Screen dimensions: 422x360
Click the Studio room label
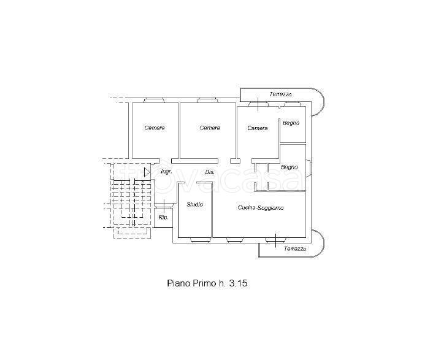coord(195,204)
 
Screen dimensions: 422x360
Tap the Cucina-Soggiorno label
coord(261,208)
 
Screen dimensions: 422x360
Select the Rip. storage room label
coord(163,217)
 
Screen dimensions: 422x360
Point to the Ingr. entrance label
coord(166,172)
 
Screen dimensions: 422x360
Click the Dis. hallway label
coord(210,172)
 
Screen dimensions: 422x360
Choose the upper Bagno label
coord(291,123)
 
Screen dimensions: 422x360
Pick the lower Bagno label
coord(290,167)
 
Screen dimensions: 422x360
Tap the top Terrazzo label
coord(281,94)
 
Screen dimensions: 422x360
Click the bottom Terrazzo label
coord(295,249)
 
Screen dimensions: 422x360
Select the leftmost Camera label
coord(155,128)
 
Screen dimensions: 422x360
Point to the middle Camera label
coord(210,128)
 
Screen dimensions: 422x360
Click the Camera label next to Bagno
coord(258,128)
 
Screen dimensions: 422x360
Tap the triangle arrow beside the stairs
coord(147,172)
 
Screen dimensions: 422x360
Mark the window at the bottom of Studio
coord(199,240)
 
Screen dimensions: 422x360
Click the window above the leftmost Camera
coord(154,101)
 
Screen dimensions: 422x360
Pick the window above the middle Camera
coord(207,101)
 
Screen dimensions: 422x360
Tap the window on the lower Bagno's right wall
coord(309,167)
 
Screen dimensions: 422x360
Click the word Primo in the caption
coord(204,283)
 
